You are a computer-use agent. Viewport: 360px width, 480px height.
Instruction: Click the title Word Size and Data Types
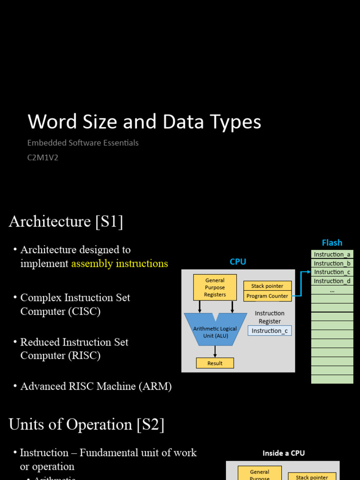[144, 122]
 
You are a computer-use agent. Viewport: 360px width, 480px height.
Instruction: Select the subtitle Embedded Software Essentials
[83, 143]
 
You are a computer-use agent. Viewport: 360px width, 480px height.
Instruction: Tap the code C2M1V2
[43, 157]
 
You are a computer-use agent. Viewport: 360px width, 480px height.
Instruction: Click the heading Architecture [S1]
[66, 221]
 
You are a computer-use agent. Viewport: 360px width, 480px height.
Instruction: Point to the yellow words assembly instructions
[120, 263]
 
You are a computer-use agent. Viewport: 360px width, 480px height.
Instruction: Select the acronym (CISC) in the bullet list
[84, 311]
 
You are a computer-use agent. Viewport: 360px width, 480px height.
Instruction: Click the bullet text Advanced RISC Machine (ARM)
[96, 386]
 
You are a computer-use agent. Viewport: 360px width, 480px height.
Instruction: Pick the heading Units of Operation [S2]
[86, 425]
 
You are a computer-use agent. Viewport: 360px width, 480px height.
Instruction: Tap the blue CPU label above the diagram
[238, 262]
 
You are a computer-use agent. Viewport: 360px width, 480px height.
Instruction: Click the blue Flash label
[332, 243]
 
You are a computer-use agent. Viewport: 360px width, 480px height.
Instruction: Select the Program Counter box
[267, 296]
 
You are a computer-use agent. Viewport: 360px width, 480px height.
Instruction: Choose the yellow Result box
[215, 363]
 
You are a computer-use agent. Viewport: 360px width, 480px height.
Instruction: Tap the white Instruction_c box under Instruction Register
[270, 331]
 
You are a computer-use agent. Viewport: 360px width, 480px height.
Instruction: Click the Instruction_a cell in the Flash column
[332, 255]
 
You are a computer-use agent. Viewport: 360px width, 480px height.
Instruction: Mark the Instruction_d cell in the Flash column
[332, 281]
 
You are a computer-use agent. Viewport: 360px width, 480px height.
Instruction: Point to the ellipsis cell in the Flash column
[332, 290]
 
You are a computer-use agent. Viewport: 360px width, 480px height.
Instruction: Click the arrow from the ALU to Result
[215, 352]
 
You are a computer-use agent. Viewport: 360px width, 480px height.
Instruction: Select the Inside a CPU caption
[283, 453]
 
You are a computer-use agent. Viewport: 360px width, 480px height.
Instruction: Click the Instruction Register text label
[270, 317]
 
